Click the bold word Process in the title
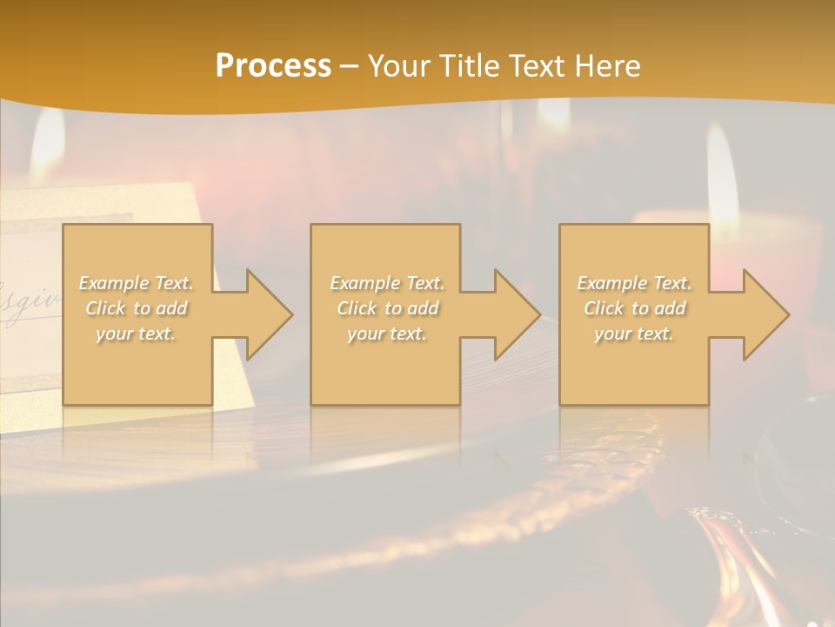273,66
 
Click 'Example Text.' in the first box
137,283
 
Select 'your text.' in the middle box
387,334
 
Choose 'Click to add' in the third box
635,308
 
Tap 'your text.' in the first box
136,334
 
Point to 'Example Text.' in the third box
635,283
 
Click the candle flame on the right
721,165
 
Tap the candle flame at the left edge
48,144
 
